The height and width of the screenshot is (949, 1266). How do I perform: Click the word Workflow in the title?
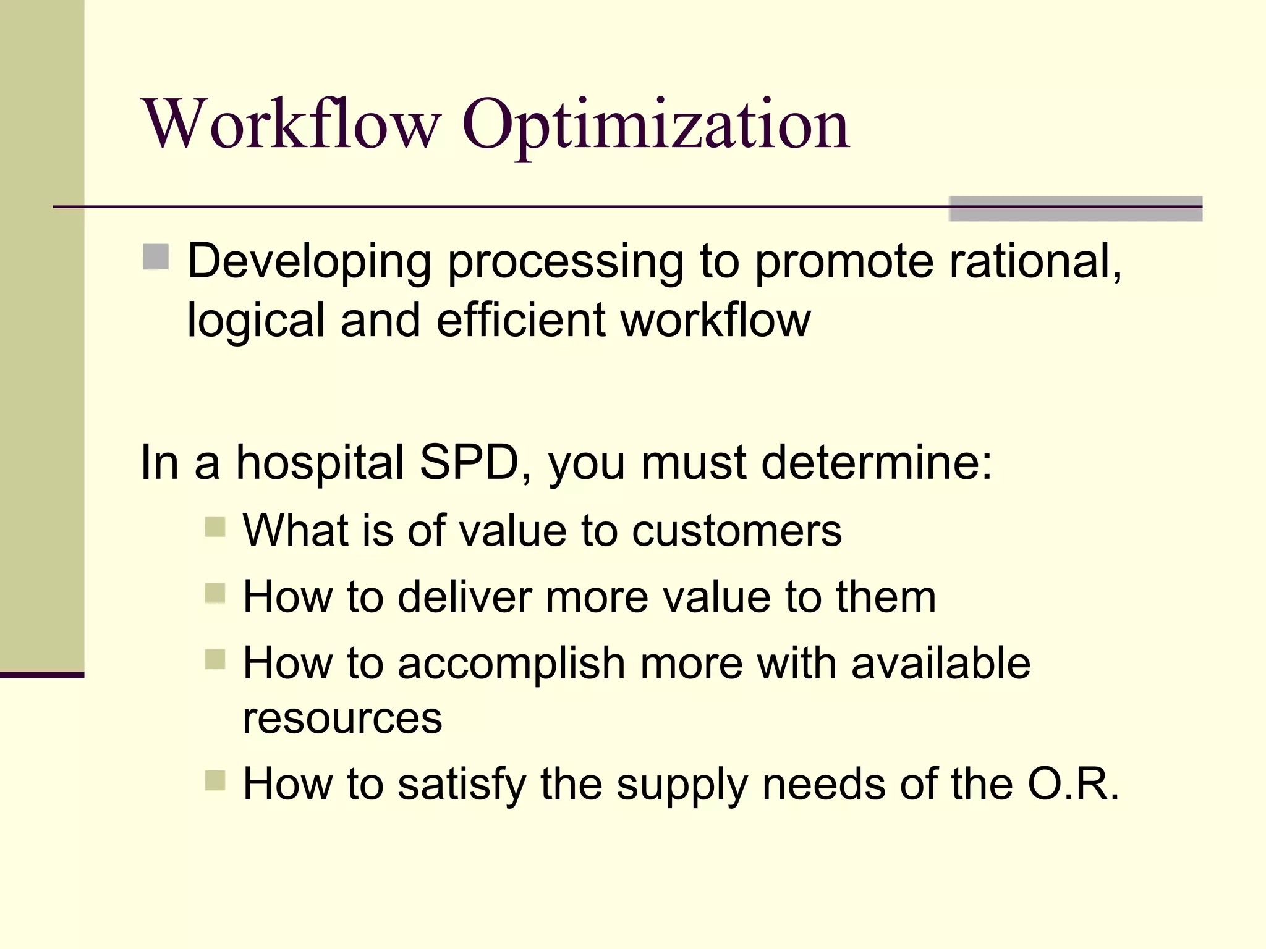pos(291,125)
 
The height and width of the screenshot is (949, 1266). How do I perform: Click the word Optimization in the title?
pos(655,127)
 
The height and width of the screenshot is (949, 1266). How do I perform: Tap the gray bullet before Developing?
pos(156,257)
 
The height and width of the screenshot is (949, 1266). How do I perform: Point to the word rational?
pos(1035,261)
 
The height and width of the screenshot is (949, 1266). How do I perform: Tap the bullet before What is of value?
pos(215,527)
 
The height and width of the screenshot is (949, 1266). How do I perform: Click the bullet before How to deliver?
pos(215,593)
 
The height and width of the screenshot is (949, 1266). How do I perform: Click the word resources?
pos(342,718)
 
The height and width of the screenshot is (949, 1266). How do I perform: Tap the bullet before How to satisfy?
pos(215,780)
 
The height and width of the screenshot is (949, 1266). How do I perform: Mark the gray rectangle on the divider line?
pos(1075,209)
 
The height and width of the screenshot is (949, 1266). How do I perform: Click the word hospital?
pos(320,462)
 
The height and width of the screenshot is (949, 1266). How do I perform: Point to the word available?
pos(940,663)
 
